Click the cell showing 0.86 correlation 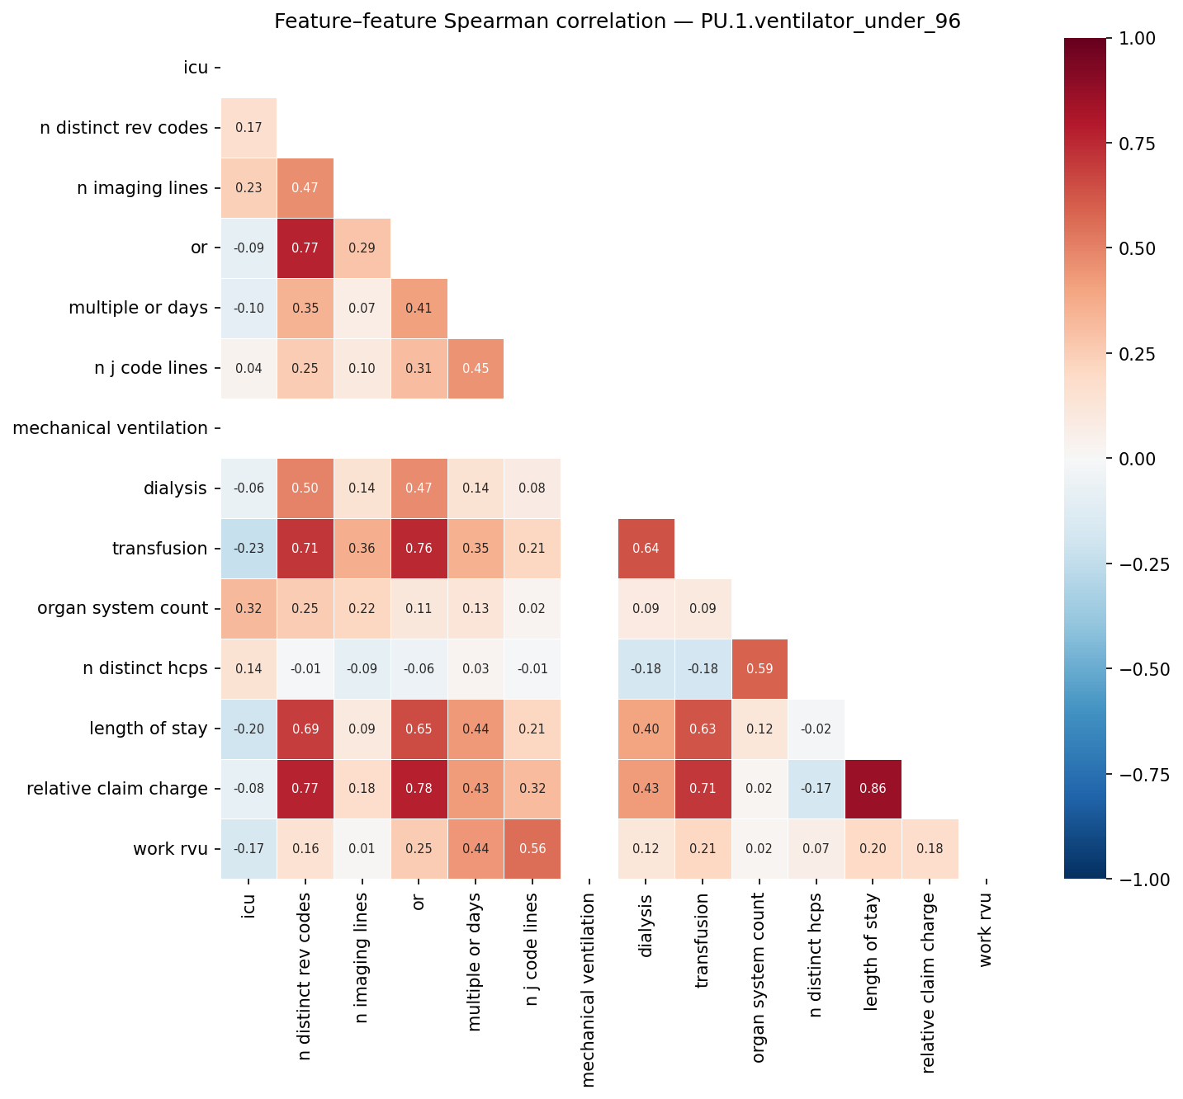(873, 789)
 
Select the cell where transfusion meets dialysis (646, 549)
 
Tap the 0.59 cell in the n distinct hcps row (759, 668)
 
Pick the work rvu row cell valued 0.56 (532, 849)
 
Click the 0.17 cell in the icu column (248, 128)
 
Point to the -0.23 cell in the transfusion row (248, 549)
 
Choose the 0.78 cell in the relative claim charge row (419, 789)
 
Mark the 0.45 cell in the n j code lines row (475, 368)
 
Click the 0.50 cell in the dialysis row (305, 488)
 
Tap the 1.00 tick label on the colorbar (1140, 38)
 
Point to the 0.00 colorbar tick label (1140, 459)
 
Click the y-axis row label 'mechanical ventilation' (111, 428)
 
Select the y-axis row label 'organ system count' (122, 609)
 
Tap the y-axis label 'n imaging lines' (142, 188)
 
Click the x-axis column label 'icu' (248, 907)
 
